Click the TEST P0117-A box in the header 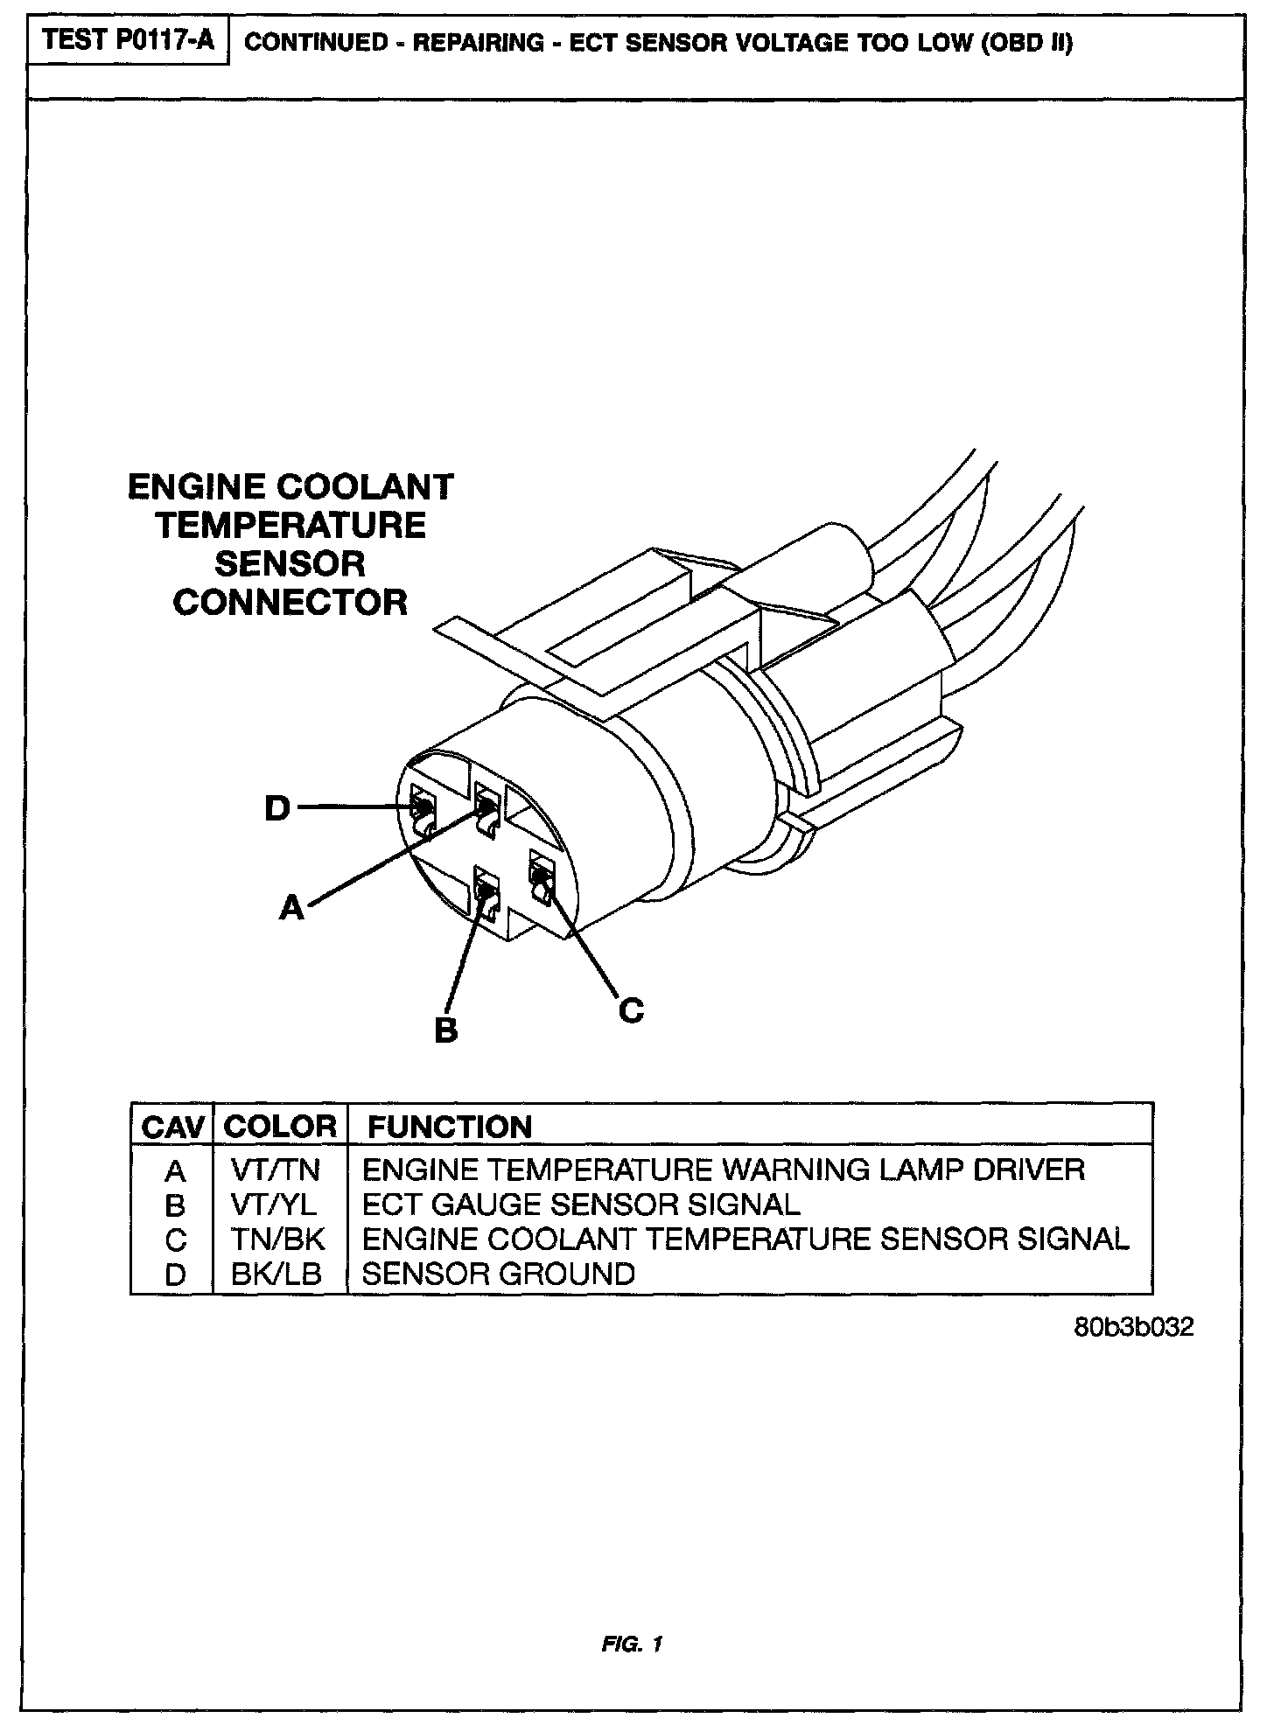pos(128,41)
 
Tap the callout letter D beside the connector pos(277,808)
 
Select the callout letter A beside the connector pos(291,908)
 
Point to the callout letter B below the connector pos(446,1030)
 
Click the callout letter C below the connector pos(631,1010)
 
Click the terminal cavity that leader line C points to pos(540,876)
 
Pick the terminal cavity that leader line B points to pos(485,893)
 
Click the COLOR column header pos(280,1127)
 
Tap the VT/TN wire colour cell pos(275,1170)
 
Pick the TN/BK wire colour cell pos(277,1240)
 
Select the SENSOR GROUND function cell pos(498,1274)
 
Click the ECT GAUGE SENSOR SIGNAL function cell pos(581,1205)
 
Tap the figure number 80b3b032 pos(1133,1327)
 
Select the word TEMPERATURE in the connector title pos(290,525)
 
